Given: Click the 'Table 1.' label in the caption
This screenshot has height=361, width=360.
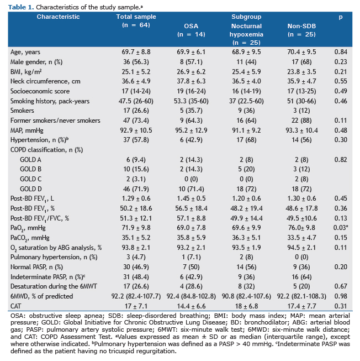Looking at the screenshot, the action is (x=21, y=7).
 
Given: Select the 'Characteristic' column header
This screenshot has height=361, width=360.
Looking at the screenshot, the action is (x=58, y=17).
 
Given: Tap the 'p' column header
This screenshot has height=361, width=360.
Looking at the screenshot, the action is (x=341, y=17).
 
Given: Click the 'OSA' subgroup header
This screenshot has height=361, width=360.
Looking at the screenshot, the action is (x=191, y=26).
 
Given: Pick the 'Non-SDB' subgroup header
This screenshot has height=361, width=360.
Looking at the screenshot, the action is (x=301, y=26).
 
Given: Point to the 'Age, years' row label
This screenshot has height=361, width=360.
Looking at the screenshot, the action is (x=25, y=53).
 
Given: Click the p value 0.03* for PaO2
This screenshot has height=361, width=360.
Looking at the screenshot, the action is (x=341, y=228).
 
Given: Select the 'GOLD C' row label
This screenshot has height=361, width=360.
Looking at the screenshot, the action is (x=31, y=179).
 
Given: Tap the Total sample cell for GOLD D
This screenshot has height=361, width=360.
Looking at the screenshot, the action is (x=136, y=189).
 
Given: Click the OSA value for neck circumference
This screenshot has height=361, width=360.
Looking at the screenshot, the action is (x=191, y=81).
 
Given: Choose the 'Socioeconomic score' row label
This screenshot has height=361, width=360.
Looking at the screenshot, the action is (x=40, y=91).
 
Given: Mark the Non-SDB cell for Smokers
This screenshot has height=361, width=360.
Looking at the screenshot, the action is (x=301, y=111).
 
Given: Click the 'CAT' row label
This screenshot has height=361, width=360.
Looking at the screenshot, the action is (x=15, y=306).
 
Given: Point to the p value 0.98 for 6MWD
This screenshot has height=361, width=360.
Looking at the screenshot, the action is (x=341, y=296).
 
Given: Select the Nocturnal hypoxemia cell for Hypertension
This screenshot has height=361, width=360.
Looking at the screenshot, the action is (x=246, y=140).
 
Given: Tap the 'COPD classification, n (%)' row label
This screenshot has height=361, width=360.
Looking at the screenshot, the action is (x=47, y=150).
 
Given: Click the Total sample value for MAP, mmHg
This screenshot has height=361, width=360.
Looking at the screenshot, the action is (x=136, y=130).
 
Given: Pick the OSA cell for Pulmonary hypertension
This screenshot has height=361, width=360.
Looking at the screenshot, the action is (x=191, y=257).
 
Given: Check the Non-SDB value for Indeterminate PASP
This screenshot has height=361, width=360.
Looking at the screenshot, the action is (x=301, y=277).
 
